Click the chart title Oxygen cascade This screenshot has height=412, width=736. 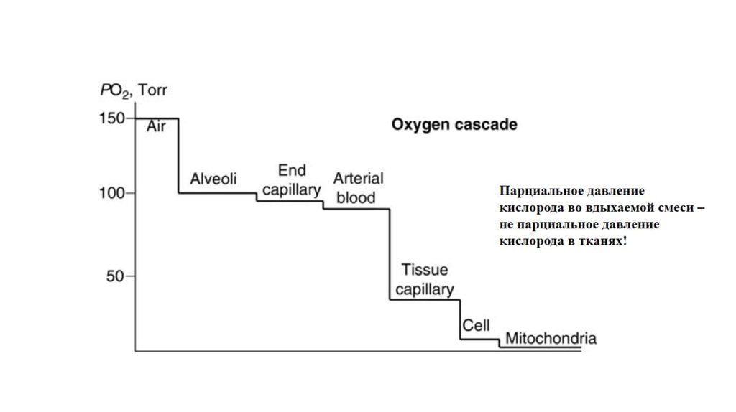454,124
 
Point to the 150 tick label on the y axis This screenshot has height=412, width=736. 111,118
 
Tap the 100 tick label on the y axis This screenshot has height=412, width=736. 111,193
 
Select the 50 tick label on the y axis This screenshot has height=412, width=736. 116,276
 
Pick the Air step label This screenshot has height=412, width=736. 157,127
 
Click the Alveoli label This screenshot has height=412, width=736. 213,179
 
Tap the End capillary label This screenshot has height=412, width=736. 291,179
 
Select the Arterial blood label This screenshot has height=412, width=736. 358,187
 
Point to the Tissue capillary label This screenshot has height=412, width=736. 425,279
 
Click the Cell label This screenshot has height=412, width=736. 476,326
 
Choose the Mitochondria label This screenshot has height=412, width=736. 551,338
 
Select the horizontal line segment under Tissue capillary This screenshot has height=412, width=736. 425,299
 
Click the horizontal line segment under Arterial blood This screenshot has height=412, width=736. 356,209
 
